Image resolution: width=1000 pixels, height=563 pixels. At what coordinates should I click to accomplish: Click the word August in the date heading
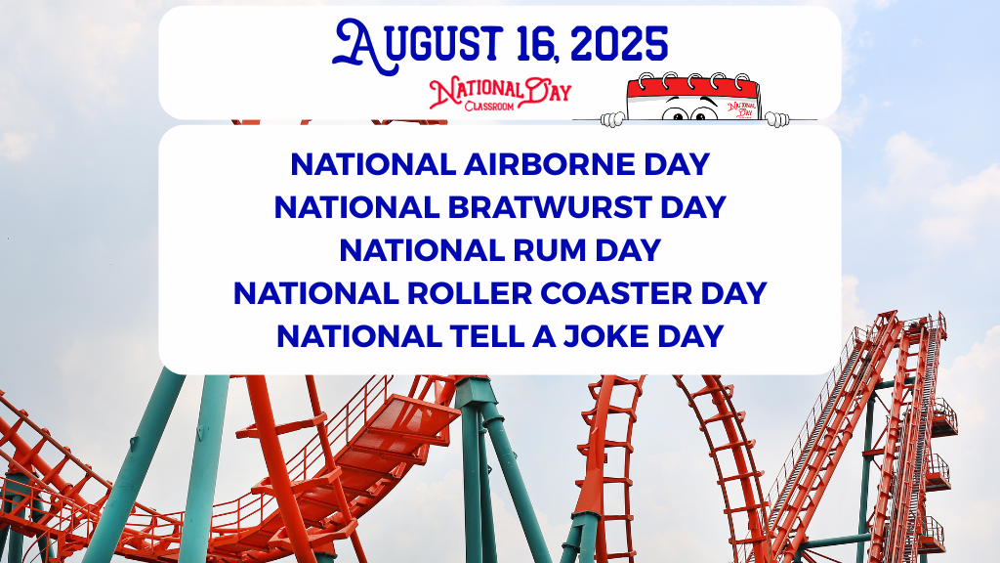418,46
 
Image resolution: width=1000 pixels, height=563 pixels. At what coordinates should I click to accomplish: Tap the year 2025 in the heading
619,45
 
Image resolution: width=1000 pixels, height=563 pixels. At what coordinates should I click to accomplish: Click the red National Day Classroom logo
500,94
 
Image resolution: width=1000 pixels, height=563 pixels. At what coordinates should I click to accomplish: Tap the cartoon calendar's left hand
613,118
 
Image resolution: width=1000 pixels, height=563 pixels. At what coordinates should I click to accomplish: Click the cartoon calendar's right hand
777,118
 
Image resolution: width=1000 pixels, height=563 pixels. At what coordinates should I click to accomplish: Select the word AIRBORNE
549,164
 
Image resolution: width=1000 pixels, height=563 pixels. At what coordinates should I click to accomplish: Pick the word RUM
550,250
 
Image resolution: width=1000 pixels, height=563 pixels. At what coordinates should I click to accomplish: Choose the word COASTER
616,293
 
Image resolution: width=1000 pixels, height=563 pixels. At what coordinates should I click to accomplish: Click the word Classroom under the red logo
489,106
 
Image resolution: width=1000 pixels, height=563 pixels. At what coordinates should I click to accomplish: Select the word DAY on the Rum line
628,250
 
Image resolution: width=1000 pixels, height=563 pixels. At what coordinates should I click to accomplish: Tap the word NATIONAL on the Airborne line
372,164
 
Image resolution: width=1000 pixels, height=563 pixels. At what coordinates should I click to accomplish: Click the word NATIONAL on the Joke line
359,336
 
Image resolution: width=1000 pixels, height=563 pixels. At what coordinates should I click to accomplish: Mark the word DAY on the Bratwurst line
693,207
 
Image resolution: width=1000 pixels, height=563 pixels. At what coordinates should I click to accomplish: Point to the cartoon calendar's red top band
693,87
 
